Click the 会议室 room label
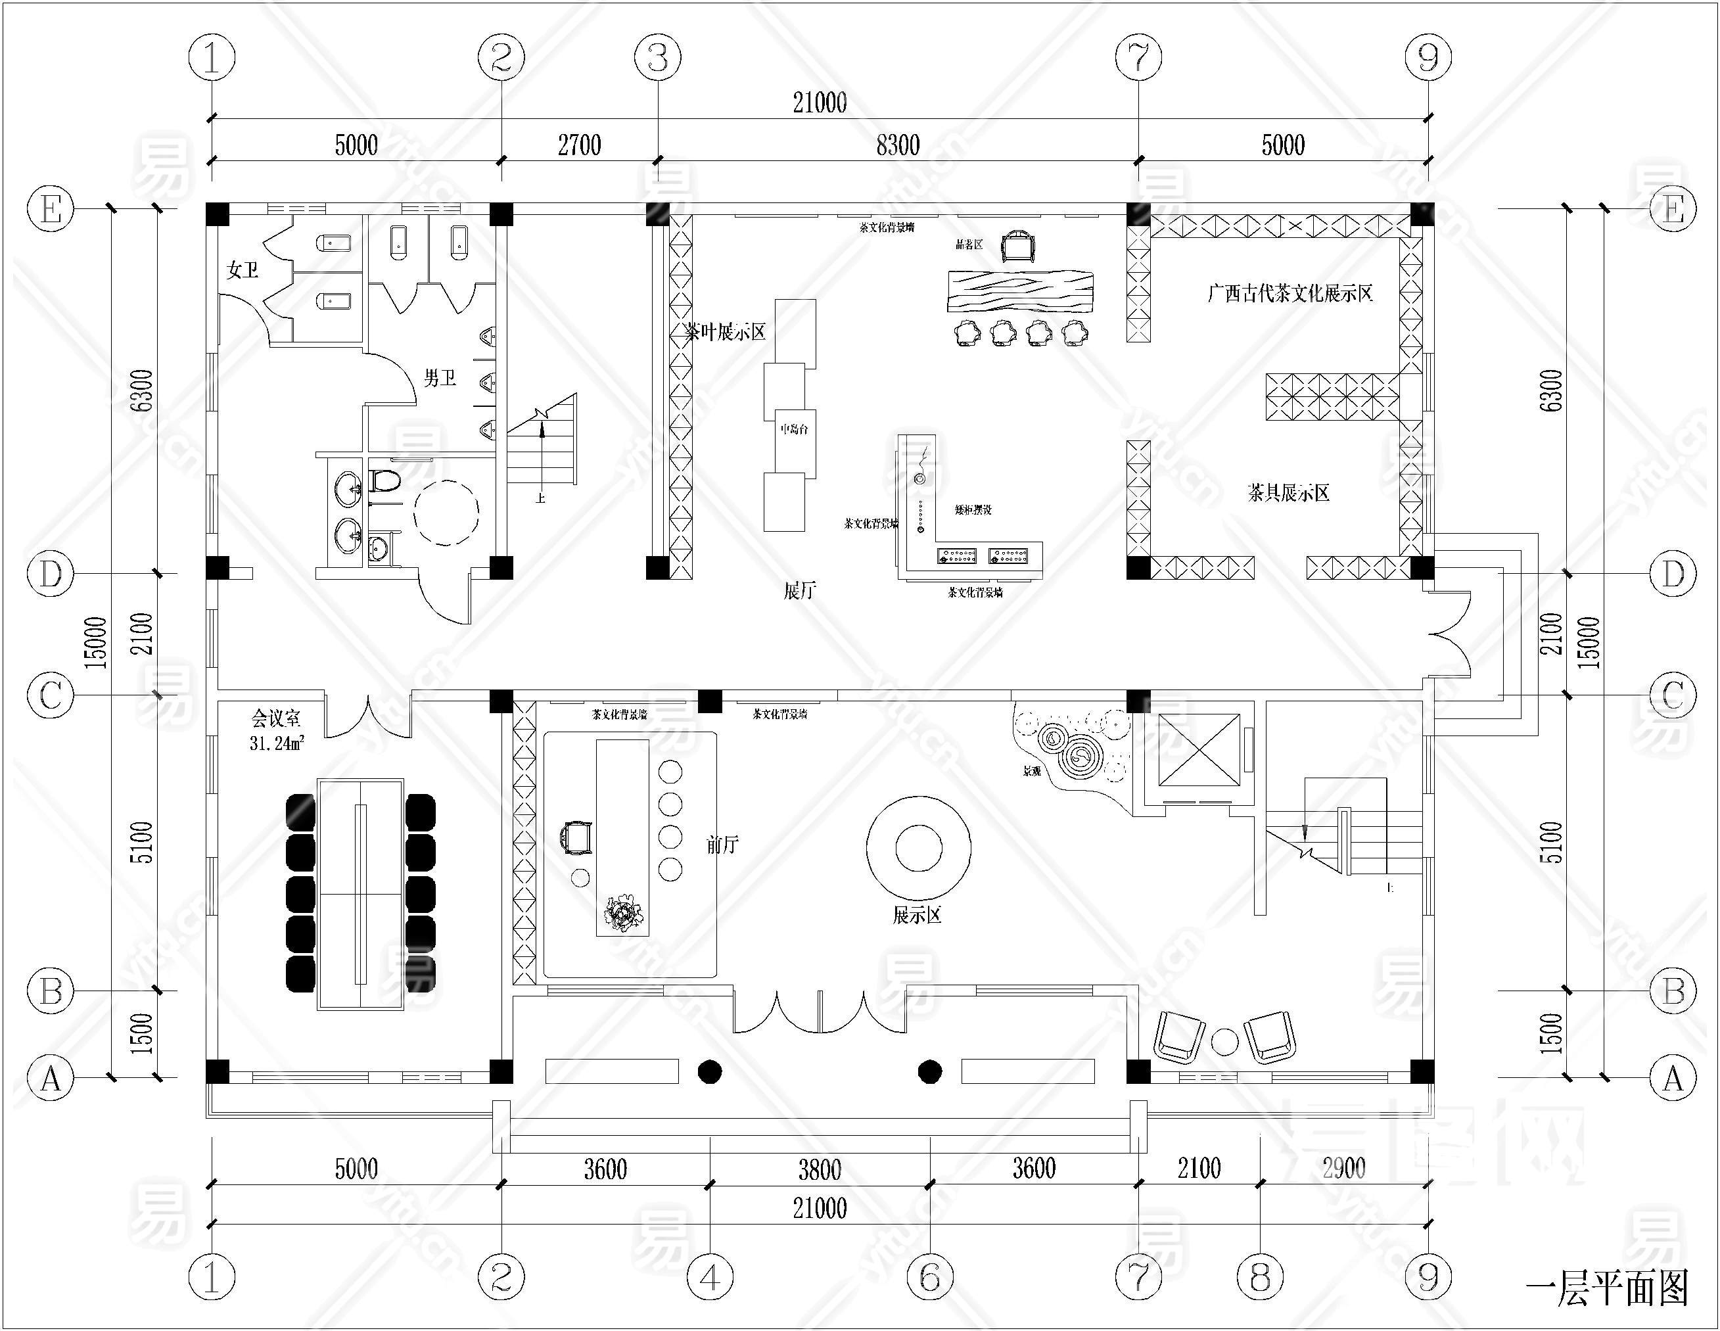pyautogui.click(x=275, y=718)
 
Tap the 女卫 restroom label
pyautogui.click(x=242, y=270)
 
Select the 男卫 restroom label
pyautogui.click(x=440, y=378)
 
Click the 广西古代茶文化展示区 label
pyautogui.click(x=1290, y=294)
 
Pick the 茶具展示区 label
pyautogui.click(x=1288, y=493)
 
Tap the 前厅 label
pyautogui.click(x=722, y=845)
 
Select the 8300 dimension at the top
pyautogui.click(x=898, y=145)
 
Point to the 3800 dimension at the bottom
pyautogui.click(x=820, y=1169)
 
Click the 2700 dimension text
pyautogui.click(x=580, y=145)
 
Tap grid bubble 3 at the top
pyautogui.click(x=658, y=57)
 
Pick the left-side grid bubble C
pyautogui.click(x=51, y=695)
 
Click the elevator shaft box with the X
pyautogui.click(x=1199, y=750)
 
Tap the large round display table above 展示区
pyautogui.click(x=918, y=848)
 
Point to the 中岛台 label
pyautogui.click(x=794, y=429)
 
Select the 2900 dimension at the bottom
pyautogui.click(x=1343, y=1168)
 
